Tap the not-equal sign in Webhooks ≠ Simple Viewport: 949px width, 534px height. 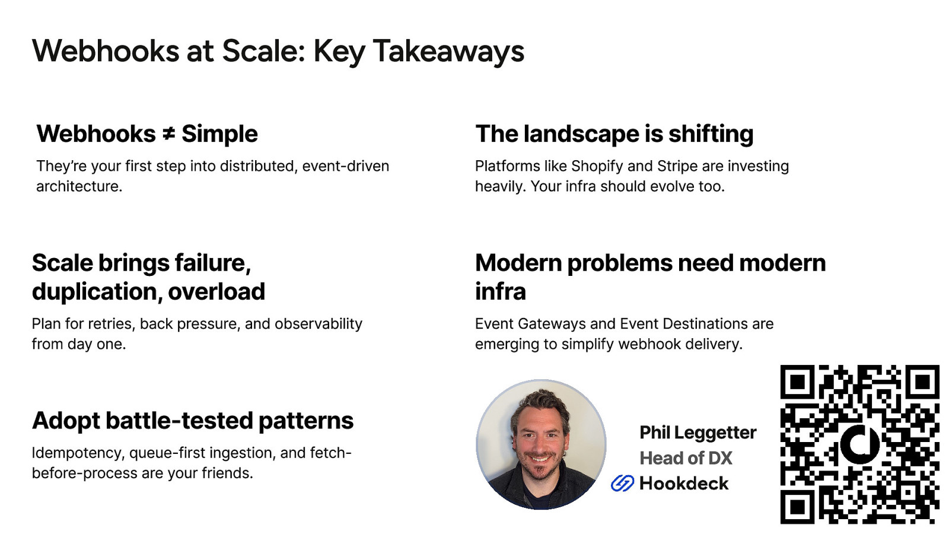point(168,134)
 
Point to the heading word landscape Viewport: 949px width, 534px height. point(581,134)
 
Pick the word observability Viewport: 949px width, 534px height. point(319,324)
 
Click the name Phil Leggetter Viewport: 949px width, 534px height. point(698,433)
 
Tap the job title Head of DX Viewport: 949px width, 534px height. point(686,458)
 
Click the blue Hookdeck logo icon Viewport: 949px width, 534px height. point(622,483)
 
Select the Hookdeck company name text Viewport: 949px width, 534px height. point(684,484)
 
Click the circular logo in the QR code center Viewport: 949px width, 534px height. point(859,445)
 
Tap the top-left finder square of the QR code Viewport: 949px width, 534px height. point(798,382)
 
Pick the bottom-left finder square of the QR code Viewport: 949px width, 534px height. point(798,507)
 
